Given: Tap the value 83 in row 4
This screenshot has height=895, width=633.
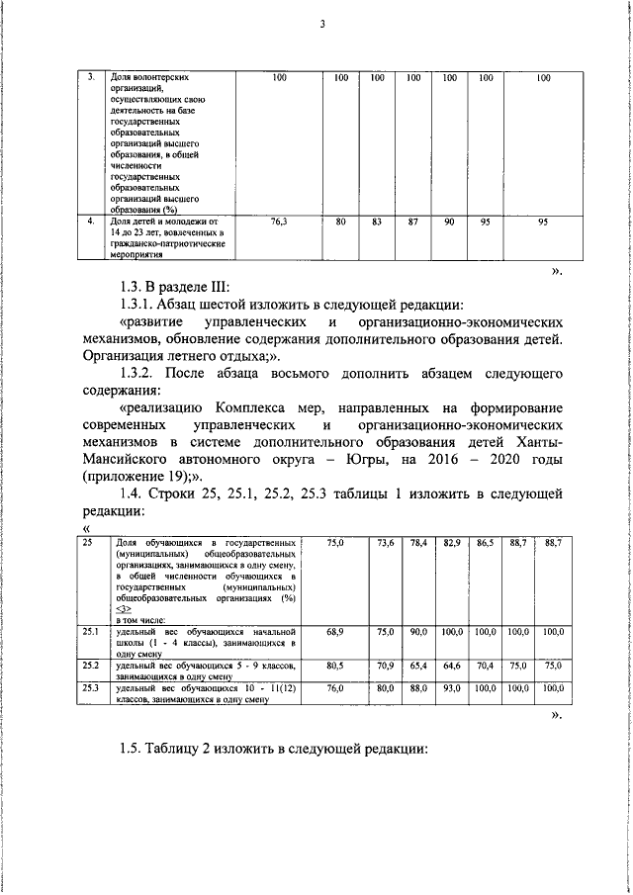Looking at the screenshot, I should (377, 224).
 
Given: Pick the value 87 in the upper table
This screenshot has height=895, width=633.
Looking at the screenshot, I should (412, 224).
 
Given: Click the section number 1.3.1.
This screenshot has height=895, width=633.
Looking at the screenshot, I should (138, 305).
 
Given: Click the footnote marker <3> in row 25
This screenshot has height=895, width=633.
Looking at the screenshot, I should (123, 609).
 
